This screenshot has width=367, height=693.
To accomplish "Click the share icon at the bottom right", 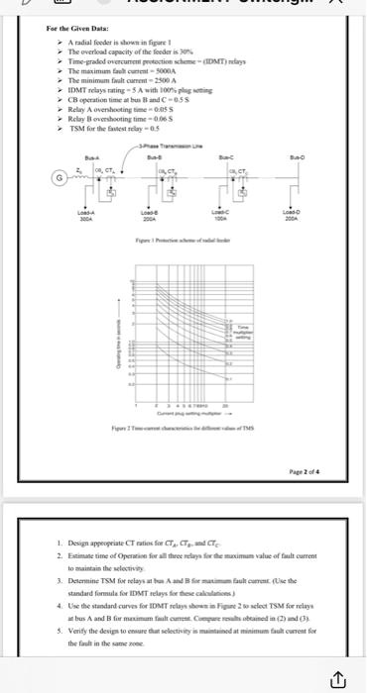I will [x=338, y=677].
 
